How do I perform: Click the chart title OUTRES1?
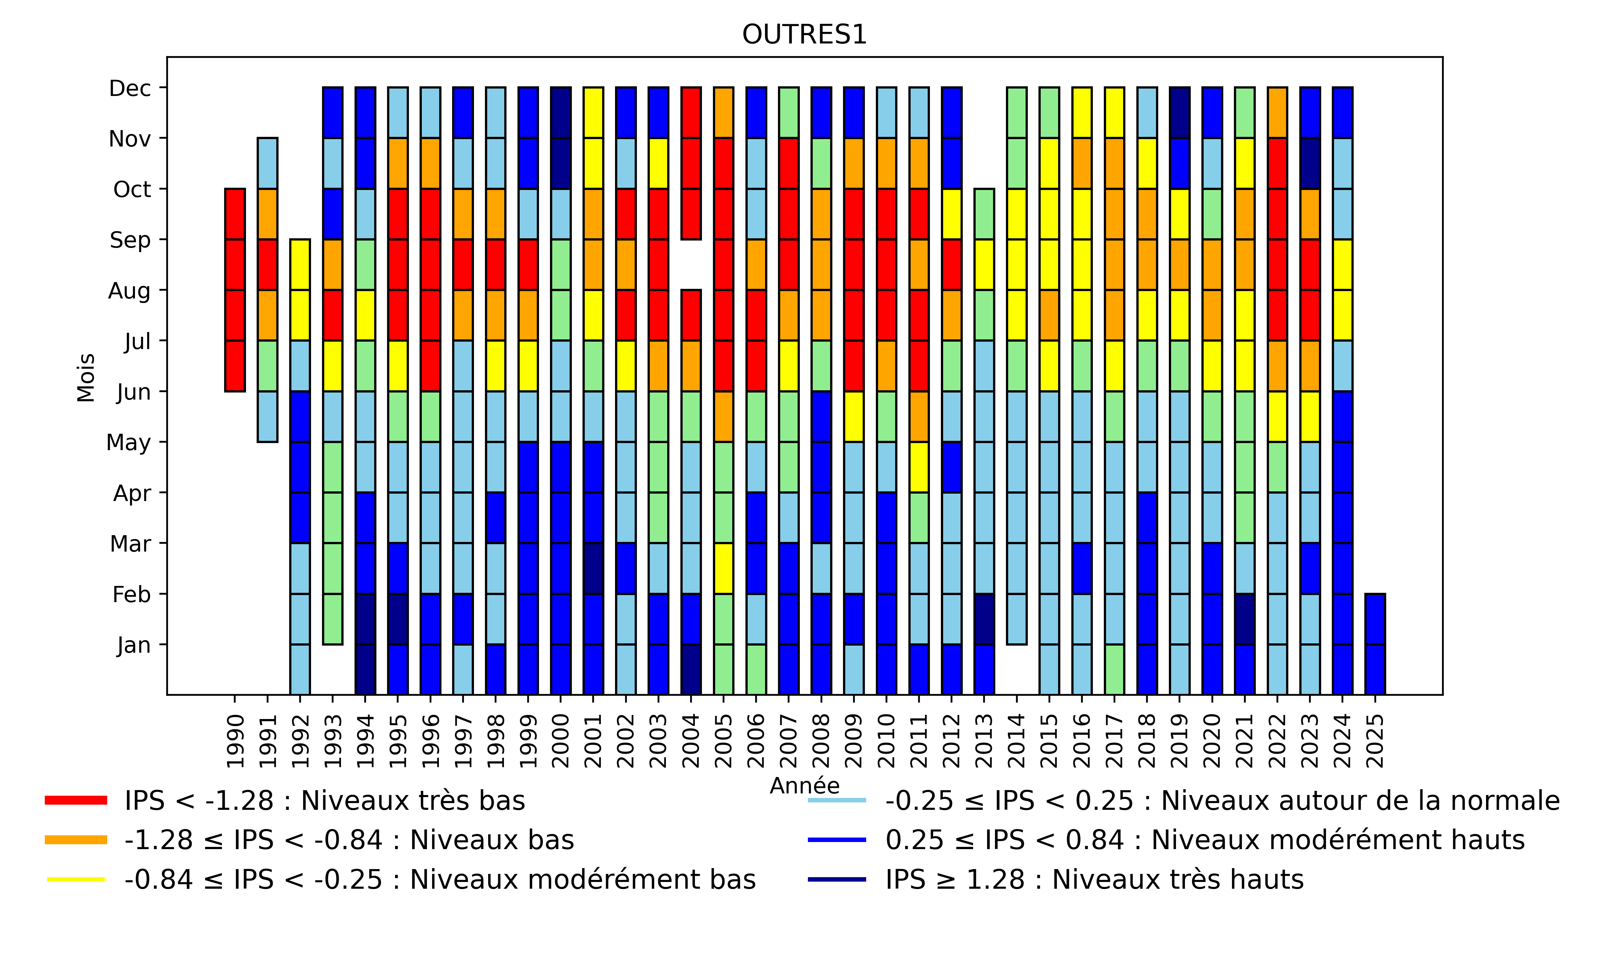click(x=804, y=34)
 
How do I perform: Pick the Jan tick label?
click(x=133, y=645)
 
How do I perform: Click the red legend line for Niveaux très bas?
click(x=75, y=800)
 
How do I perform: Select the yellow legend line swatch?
click(x=75, y=879)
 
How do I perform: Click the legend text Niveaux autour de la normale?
click(x=1222, y=800)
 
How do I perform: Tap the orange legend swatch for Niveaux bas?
click(x=75, y=840)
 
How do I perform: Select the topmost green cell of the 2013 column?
click(x=984, y=214)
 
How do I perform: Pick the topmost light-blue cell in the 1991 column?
click(x=268, y=163)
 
